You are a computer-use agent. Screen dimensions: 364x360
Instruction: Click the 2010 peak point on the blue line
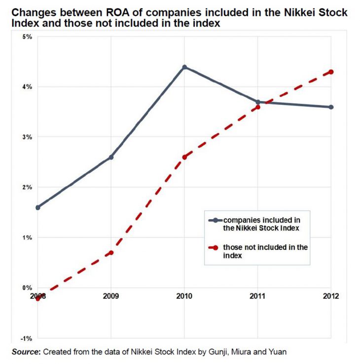click(x=184, y=67)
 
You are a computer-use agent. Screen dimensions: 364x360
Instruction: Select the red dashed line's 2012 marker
click(x=331, y=72)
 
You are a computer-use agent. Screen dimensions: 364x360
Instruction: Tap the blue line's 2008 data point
click(x=38, y=207)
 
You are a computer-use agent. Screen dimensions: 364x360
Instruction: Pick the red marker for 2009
click(x=111, y=253)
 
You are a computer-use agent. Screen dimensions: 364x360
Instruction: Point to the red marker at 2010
click(x=184, y=157)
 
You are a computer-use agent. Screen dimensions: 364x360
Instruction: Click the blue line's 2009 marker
click(x=111, y=157)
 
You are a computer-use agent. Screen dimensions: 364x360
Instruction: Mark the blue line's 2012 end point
click(x=331, y=107)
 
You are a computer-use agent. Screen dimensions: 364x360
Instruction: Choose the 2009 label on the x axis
click(x=111, y=298)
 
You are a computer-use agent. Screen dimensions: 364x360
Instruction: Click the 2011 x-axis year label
click(x=258, y=298)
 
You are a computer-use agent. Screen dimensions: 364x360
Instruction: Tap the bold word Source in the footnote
click(x=26, y=352)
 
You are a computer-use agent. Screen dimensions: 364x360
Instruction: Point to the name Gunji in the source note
click(x=218, y=352)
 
